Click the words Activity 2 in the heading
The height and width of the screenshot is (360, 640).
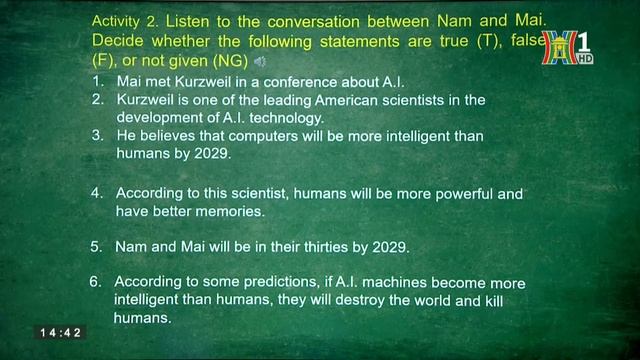(x=122, y=20)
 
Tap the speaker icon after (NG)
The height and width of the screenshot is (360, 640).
(x=260, y=62)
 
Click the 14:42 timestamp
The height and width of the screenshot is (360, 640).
(x=61, y=332)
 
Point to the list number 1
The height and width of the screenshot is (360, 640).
(x=95, y=80)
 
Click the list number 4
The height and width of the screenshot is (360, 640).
(x=96, y=191)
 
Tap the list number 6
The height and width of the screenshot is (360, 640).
(x=94, y=282)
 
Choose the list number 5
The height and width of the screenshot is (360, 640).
(x=96, y=246)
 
